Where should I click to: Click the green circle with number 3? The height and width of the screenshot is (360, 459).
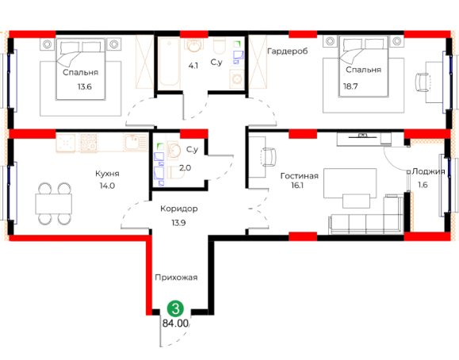pyautogui.click(x=175, y=308)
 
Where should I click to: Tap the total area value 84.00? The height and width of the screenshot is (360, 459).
pyautogui.click(x=175, y=324)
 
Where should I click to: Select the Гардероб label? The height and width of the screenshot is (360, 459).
pyautogui.click(x=288, y=52)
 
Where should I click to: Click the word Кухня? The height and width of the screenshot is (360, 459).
pyautogui.click(x=107, y=174)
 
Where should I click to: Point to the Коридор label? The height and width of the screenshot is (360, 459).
pyautogui.click(x=179, y=209)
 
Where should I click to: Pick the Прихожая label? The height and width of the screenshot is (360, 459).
pyautogui.click(x=176, y=278)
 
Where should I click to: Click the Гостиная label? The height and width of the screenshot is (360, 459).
pyautogui.click(x=299, y=176)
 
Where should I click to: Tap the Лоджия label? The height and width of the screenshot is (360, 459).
pyautogui.click(x=429, y=171)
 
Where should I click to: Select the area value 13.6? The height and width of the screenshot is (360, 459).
pyautogui.click(x=85, y=86)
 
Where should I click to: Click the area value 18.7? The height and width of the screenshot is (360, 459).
pyautogui.click(x=350, y=86)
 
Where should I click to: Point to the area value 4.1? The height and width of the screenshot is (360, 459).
pyautogui.click(x=193, y=66)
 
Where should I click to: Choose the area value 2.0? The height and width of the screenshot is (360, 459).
pyautogui.click(x=185, y=168)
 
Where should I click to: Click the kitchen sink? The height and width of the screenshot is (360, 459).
pyautogui.click(x=136, y=142)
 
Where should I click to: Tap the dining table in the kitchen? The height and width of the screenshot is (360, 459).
pyautogui.click(x=54, y=204)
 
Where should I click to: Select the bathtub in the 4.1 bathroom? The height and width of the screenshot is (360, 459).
pyautogui.click(x=169, y=63)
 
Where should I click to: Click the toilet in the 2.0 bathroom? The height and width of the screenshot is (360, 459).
pyautogui.click(x=176, y=173)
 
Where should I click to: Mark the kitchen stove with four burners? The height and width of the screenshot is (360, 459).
pyautogui.click(x=89, y=143)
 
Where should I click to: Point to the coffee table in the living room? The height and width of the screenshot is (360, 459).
pyautogui.click(x=356, y=201)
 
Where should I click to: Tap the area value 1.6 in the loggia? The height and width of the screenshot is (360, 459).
pyautogui.click(x=423, y=185)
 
